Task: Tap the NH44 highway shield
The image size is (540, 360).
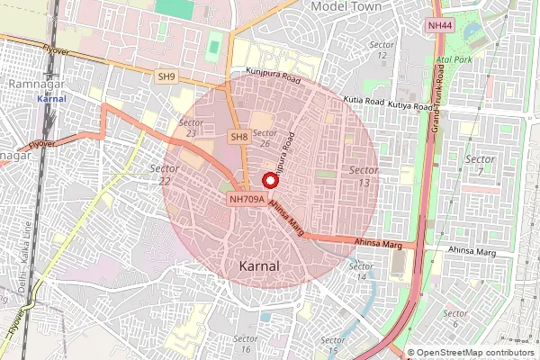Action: tap(439, 25)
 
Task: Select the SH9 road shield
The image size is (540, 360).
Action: tap(166, 77)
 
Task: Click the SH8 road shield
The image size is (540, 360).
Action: tap(238, 137)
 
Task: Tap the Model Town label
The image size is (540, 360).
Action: tap(346, 6)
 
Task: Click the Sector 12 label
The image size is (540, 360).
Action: tap(382, 50)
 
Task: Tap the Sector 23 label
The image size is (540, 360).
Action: tap(189, 127)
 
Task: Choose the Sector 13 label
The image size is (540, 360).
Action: tap(364, 176)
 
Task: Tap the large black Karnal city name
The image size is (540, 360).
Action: tap(260, 266)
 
